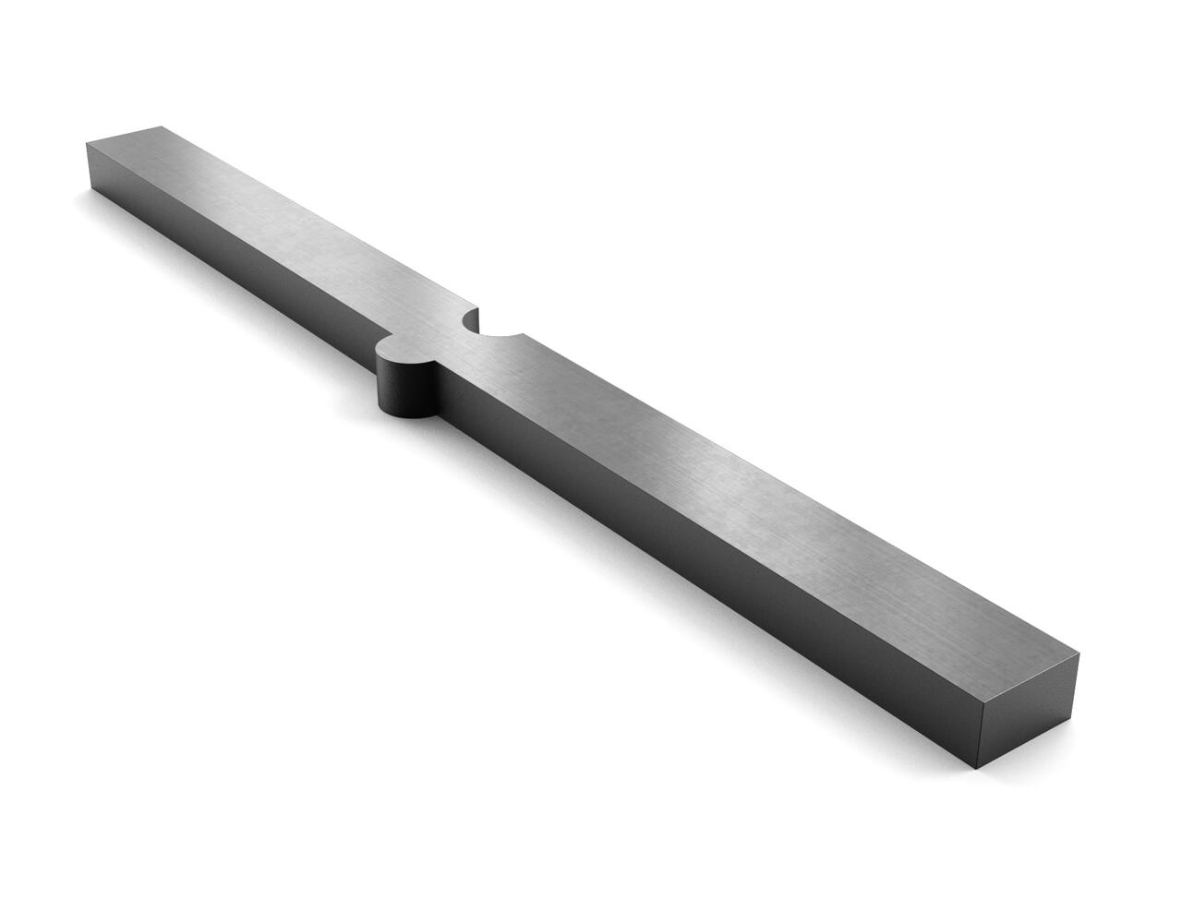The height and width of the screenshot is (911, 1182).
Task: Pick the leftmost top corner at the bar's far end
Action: [x=86, y=144]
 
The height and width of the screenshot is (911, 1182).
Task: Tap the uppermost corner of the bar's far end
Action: [x=163, y=124]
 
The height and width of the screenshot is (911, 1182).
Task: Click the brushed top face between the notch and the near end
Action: [x=739, y=489]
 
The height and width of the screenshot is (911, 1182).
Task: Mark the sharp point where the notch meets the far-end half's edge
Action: [x=477, y=309]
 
